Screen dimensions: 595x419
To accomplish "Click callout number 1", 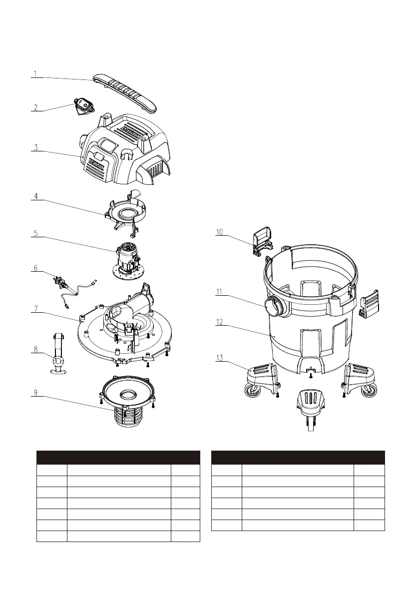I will coord(35,74).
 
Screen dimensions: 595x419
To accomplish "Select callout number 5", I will coord(35,233).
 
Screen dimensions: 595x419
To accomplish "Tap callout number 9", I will coord(35,393).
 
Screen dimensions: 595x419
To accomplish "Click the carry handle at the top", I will coord(124,92).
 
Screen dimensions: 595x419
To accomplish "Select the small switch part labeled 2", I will coord(84,106).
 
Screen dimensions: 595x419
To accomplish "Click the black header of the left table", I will coord(118,458).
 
